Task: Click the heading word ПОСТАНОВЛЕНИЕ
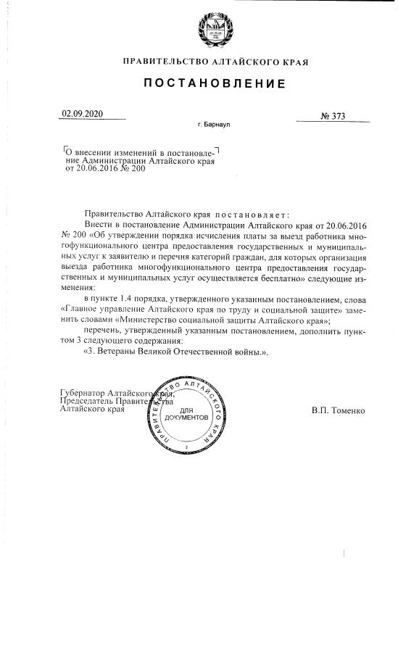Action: pyautogui.click(x=214, y=84)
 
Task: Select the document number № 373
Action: pyautogui.click(x=333, y=116)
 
